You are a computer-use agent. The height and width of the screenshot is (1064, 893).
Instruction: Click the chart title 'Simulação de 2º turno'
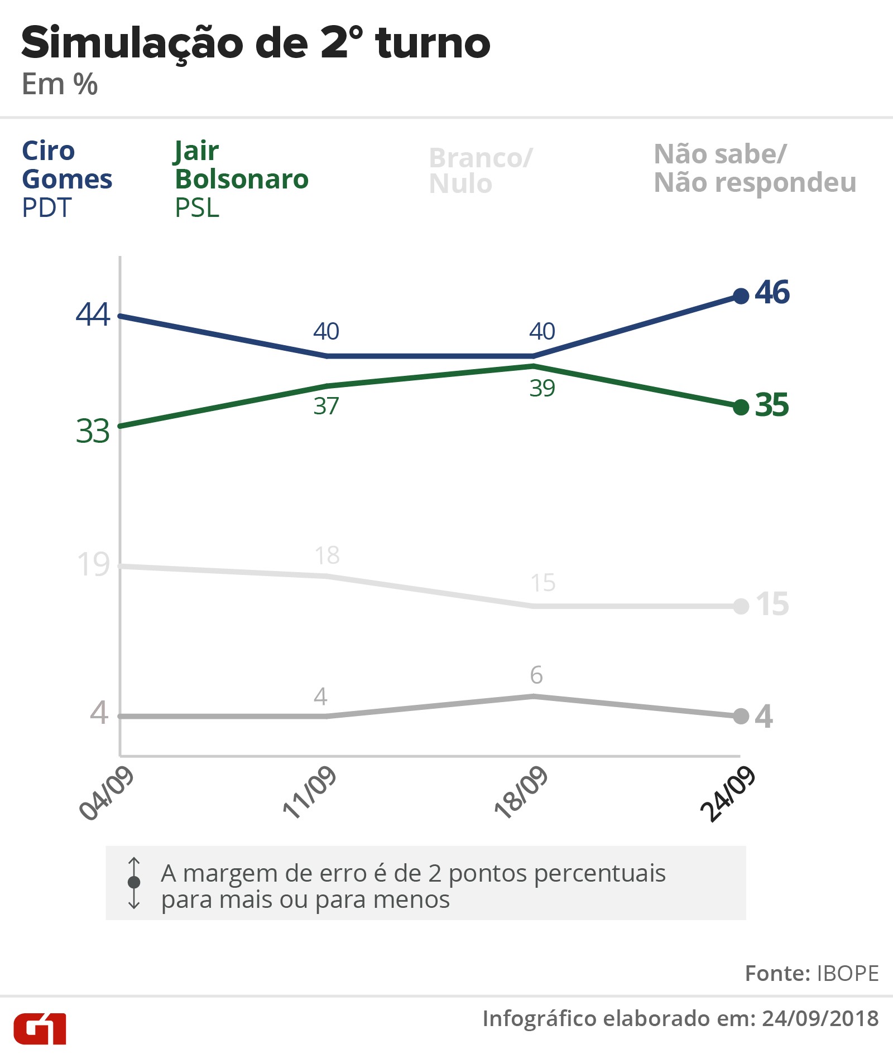click(256, 43)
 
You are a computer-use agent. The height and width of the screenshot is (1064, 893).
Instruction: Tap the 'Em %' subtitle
click(60, 85)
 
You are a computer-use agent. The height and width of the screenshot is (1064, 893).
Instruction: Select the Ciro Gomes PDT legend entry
click(67, 179)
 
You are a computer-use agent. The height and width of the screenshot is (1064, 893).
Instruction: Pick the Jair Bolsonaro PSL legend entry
click(241, 179)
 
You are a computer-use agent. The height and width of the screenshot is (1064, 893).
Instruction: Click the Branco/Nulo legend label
click(481, 171)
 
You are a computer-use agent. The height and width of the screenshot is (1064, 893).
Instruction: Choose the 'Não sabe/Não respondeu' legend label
click(755, 168)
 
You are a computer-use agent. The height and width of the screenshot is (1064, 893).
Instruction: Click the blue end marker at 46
click(741, 296)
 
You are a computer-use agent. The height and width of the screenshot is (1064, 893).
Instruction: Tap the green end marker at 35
click(741, 408)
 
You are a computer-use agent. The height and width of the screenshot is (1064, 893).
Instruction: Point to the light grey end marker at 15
click(741, 606)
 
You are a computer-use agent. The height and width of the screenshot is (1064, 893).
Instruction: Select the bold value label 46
click(772, 292)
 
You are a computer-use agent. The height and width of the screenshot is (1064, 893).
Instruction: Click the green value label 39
click(542, 388)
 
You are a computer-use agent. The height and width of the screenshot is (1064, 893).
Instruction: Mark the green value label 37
click(326, 406)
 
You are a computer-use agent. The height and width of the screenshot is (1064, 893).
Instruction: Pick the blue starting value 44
click(93, 314)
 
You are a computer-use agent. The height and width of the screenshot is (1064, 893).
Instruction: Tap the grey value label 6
click(536, 675)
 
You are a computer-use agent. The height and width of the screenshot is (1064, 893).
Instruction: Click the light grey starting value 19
click(93, 564)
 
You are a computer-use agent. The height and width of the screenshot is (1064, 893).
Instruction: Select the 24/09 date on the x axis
click(728, 794)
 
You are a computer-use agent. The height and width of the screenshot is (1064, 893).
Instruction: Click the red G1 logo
click(40, 1028)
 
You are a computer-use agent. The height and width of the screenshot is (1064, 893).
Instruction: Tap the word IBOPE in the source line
click(847, 973)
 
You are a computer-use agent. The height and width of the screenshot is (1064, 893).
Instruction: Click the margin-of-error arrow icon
click(134, 882)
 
